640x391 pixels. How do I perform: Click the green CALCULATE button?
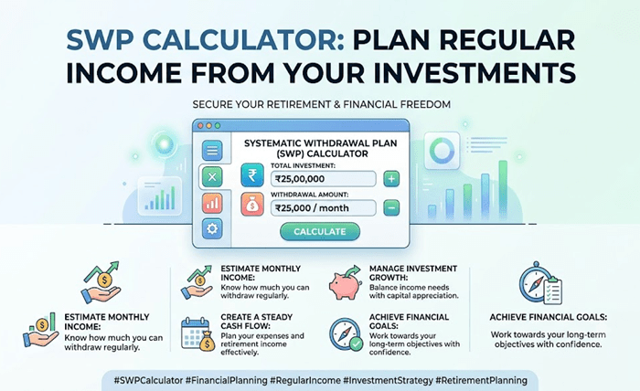[320, 231]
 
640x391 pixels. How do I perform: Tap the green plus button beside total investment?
[391, 178]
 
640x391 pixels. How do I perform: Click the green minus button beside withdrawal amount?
[391, 208]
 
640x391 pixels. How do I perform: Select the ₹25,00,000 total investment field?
[324, 178]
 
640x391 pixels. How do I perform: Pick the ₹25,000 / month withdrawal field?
[324, 208]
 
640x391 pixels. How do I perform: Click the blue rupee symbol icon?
[252, 175]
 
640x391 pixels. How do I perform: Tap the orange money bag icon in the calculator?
[252, 205]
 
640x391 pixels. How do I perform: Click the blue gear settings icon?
[212, 228]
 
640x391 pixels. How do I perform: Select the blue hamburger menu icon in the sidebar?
[212, 151]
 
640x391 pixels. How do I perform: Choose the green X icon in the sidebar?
[212, 177]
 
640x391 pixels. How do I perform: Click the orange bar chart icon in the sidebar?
[212, 203]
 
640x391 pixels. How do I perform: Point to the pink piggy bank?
[345, 283]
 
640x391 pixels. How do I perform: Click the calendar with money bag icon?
[198, 334]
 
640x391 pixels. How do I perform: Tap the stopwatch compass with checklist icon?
[540, 283]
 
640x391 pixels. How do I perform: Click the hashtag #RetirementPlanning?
[481, 380]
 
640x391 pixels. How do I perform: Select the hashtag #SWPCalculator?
[148, 380]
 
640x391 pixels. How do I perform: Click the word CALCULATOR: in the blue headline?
[244, 40]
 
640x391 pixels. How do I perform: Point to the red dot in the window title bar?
[200, 125]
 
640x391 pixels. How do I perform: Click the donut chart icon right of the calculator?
[442, 150]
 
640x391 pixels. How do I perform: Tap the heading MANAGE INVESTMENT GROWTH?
[412, 273]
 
